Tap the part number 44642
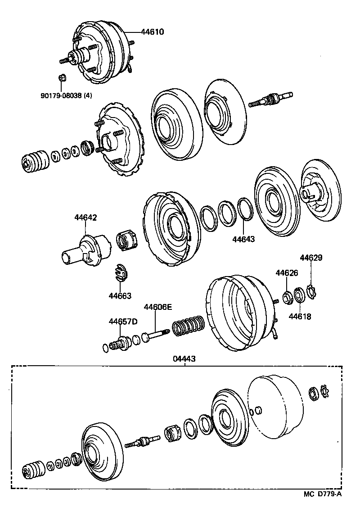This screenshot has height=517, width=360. click(85, 218)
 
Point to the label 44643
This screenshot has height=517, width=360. click(243, 239)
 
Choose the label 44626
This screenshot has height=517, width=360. click(287, 273)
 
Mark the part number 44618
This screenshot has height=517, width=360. click(300, 317)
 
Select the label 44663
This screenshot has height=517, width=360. click(120, 296)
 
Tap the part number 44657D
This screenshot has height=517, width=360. click(122, 322)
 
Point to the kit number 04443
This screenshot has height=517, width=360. click(184, 359)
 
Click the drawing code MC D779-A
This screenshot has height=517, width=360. click(322, 507)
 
